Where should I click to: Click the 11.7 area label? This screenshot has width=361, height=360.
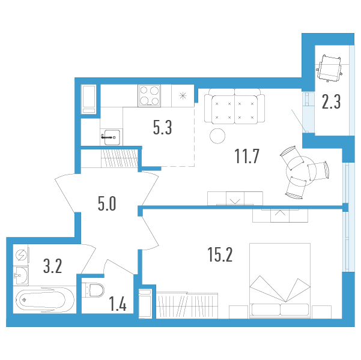point(247,156)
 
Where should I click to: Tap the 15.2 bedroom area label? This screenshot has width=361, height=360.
point(220,254)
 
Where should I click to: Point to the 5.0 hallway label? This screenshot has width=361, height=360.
point(107,203)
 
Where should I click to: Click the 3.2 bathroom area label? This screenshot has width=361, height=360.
point(53,266)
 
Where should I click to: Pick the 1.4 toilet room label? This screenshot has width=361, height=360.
point(118,304)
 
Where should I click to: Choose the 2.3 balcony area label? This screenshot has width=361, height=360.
point(331,101)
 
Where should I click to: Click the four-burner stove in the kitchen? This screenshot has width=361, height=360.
point(149,95)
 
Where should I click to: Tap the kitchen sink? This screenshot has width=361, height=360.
point(112,137)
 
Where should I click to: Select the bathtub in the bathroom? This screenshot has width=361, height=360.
point(44,299)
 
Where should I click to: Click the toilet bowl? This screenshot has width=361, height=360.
point(95,290)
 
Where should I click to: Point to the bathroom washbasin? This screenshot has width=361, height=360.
point(21,275)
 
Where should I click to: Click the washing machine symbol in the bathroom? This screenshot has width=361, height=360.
point(21,255)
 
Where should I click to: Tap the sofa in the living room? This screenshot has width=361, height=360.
point(234,106)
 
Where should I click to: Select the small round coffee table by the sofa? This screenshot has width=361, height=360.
point(217,136)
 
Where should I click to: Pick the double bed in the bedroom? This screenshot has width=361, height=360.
point(280,281)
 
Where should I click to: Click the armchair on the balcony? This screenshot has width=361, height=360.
point(329,68)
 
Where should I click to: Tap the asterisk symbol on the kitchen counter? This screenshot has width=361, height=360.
point(183,95)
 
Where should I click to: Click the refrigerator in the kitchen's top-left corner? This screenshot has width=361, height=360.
point(89,100)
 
